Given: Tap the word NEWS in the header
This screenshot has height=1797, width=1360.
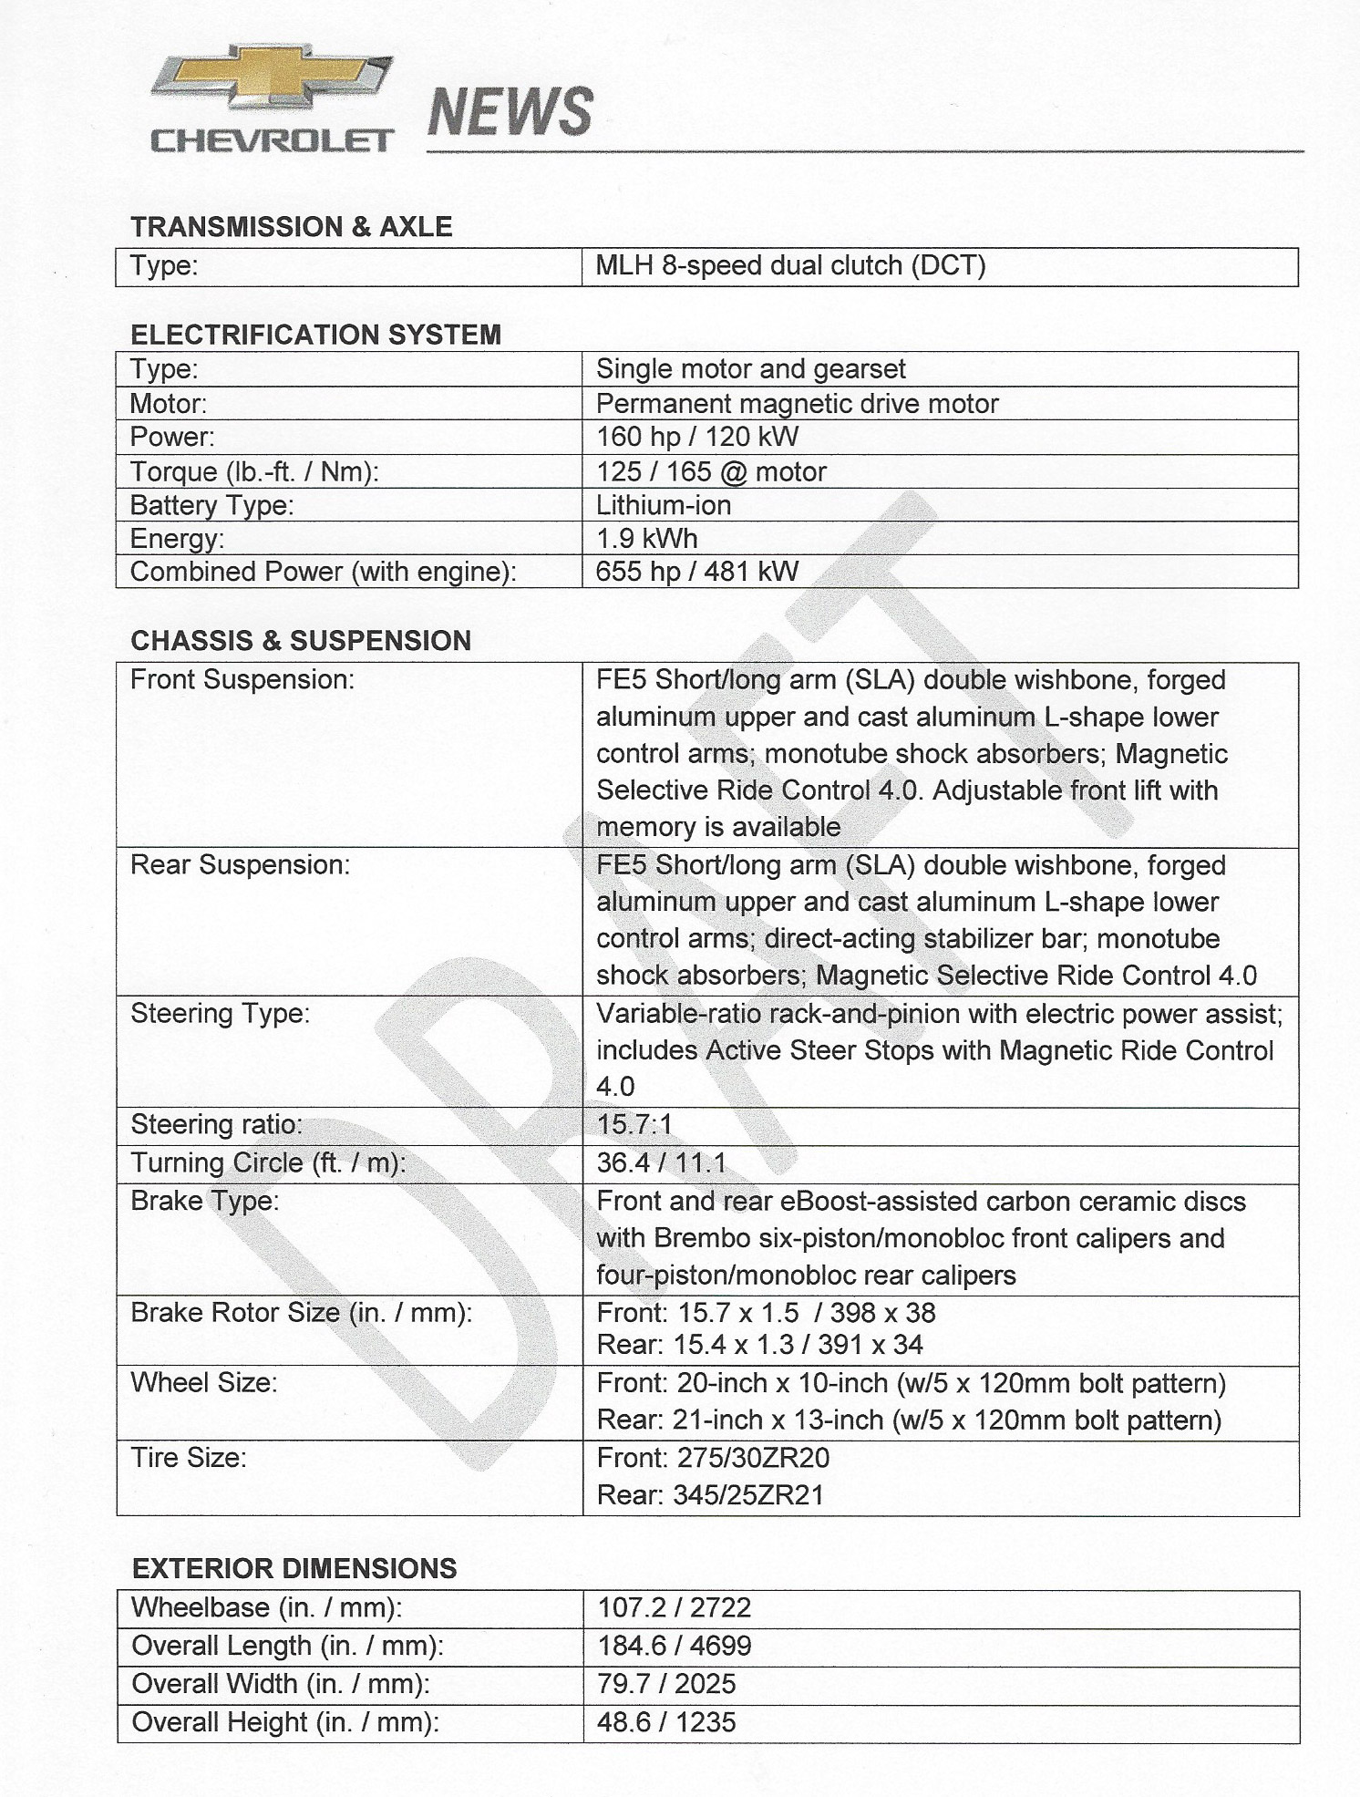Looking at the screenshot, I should [x=510, y=112].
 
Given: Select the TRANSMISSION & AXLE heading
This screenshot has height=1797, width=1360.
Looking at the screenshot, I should [x=291, y=227].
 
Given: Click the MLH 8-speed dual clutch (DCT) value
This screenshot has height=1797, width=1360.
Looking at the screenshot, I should [x=790, y=266].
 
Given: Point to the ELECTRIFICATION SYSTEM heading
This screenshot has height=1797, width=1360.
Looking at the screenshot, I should [x=315, y=335].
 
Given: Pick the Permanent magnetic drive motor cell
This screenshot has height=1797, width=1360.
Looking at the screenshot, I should [x=797, y=404].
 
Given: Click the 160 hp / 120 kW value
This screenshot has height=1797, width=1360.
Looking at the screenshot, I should [x=696, y=437].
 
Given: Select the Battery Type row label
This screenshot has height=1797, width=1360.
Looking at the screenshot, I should [x=211, y=505].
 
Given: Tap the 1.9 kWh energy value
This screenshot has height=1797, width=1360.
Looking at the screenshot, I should [x=646, y=539].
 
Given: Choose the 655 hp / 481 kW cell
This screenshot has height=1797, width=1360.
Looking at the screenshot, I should [x=696, y=572].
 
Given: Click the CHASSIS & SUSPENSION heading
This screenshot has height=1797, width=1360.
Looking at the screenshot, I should [x=301, y=641].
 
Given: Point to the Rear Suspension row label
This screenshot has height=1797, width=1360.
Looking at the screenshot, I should [x=240, y=864].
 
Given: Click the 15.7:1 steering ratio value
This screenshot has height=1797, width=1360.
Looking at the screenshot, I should [x=634, y=1124].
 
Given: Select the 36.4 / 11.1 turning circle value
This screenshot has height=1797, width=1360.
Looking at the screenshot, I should [x=661, y=1163].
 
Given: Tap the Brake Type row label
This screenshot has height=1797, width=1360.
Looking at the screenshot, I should [x=204, y=1201].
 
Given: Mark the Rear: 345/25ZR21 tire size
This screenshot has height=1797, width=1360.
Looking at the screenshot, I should [x=709, y=1495].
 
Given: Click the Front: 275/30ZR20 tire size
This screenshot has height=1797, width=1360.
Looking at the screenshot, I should [x=713, y=1458].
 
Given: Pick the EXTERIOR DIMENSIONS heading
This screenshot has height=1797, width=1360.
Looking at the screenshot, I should [x=294, y=1569].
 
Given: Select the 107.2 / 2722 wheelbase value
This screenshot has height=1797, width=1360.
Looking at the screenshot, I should [x=674, y=1607].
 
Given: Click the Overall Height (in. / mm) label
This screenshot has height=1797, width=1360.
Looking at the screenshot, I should [x=284, y=1722].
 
